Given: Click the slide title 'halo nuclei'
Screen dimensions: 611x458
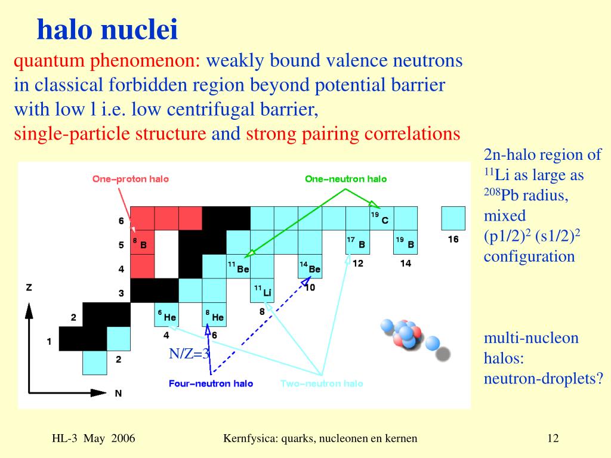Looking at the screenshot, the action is point(107,29).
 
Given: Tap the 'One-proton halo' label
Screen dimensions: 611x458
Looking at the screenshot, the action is point(131,179).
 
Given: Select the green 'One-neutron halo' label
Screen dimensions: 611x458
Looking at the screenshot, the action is point(345,179).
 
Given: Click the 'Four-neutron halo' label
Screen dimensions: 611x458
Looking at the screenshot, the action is point(211,383).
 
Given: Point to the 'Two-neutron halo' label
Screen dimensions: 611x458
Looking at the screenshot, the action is point(322,383).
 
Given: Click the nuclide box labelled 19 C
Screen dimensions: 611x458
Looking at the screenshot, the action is point(381,218).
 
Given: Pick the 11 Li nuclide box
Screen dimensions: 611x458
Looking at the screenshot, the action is point(263,290).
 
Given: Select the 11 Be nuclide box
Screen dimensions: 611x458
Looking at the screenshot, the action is point(238,267).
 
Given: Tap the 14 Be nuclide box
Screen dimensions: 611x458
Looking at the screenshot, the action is point(310,267).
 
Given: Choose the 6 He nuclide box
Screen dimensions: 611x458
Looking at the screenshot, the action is point(166,315).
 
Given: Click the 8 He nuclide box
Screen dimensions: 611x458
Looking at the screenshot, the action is point(214,315).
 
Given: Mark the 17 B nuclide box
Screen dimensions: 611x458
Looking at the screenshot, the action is point(358,242).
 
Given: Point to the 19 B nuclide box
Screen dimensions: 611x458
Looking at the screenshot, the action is point(406,242).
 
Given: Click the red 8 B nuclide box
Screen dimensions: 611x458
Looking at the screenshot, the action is point(142,242).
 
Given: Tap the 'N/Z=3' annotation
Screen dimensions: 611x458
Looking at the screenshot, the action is point(189,354).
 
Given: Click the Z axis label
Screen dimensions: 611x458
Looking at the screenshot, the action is point(29,288).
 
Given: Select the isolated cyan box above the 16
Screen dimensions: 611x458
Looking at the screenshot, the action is point(453,218).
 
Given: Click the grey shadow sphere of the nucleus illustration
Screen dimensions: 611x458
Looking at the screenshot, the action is point(443,354).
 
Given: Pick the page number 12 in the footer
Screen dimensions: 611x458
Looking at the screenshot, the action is point(553,438).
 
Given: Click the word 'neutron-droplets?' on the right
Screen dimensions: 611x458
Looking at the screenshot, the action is point(544,378).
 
